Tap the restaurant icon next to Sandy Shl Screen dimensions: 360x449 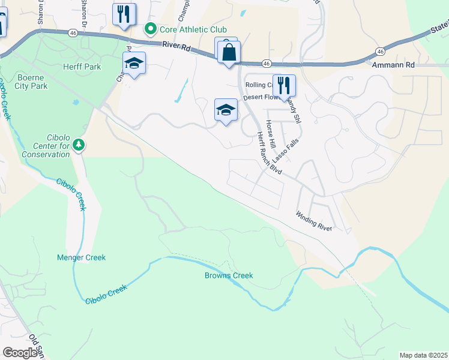coord(284,85)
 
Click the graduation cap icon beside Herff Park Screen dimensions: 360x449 coord(134,63)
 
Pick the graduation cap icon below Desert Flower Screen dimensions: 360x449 coord(226,110)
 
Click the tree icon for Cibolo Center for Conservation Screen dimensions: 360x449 coord(78,145)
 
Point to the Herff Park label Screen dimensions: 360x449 coord(80,67)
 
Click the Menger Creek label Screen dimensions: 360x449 coord(81,257)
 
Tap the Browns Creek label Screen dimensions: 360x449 coord(229,275)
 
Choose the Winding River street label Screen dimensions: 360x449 coord(313,220)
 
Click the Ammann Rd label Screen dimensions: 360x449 coord(393,64)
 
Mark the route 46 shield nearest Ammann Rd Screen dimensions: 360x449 coord(381,52)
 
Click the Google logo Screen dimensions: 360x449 coord(20,353)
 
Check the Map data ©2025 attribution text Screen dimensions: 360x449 coord(423,355)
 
